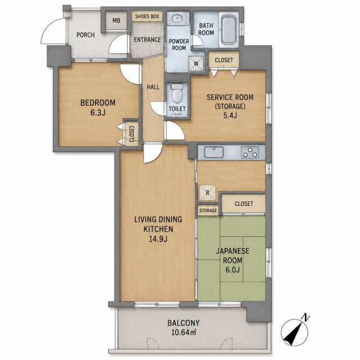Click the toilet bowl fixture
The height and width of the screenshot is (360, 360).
[177, 94]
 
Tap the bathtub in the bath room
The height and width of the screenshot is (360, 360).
[229, 29]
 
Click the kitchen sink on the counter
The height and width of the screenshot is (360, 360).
[214, 152]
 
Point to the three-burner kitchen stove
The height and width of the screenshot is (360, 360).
[250, 152]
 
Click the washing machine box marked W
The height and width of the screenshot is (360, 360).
[196, 64]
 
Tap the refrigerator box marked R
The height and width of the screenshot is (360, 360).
[208, 192]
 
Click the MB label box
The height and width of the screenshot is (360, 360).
[116, 21]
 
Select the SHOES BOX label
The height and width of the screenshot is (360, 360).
[147, 16]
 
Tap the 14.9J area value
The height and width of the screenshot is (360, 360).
[158, 239]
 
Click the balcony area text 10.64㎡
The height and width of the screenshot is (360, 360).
[184, 332]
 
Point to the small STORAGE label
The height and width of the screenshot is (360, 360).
[208, 210]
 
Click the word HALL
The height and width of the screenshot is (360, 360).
[153, 87]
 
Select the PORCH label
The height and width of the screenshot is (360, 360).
[85, 35]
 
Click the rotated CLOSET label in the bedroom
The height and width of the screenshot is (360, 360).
[132, 134]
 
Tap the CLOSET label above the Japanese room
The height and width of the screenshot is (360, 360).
[244, 204]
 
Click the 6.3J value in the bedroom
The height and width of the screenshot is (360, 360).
[98, 112]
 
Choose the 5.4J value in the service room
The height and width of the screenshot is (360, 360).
[230, 115]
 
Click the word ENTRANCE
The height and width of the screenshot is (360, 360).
[147, 40]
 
